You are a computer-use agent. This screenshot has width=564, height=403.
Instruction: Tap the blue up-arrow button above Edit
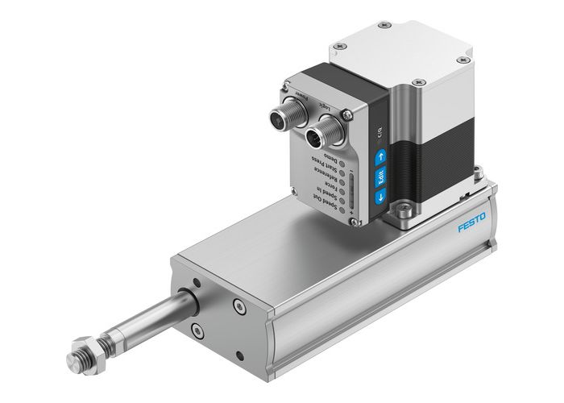(380, 158)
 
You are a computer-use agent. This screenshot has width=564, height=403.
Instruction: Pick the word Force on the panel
(329, 185)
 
